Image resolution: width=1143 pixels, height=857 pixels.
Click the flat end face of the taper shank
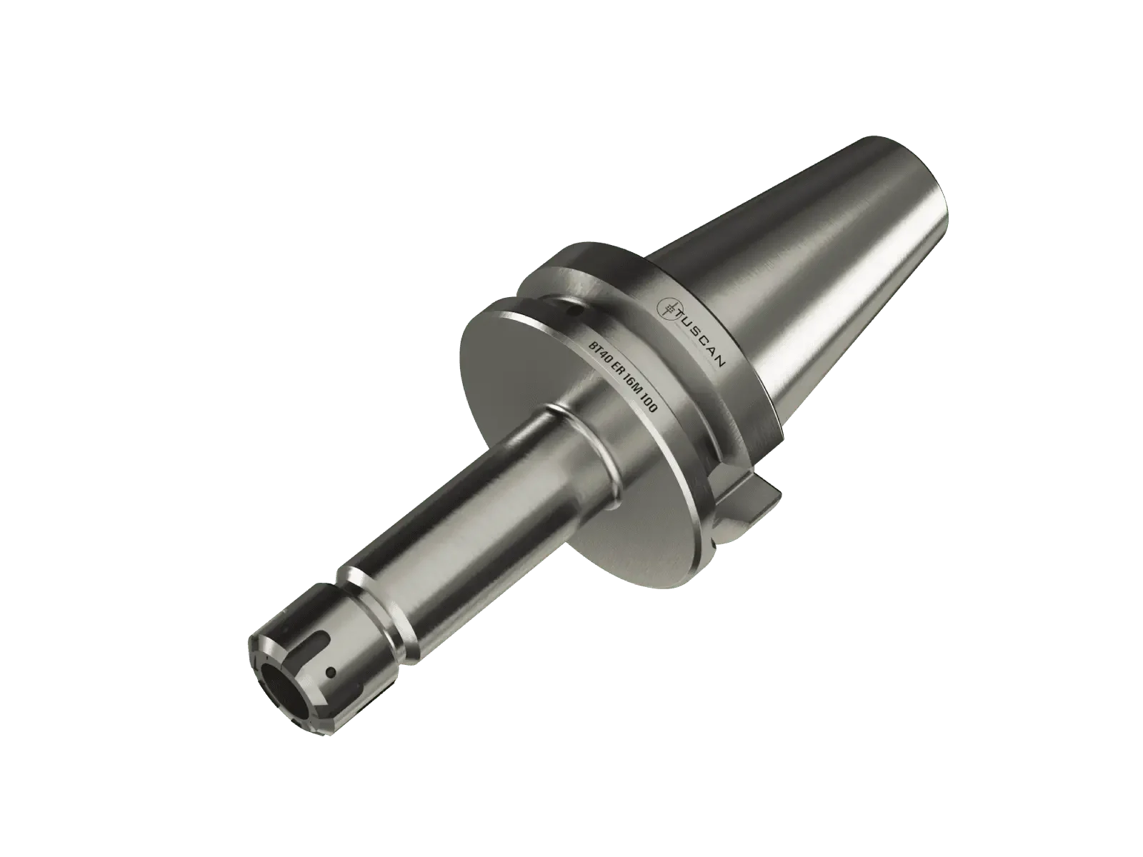point(929,214)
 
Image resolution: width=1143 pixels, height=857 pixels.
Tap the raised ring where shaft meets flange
point(571,436)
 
